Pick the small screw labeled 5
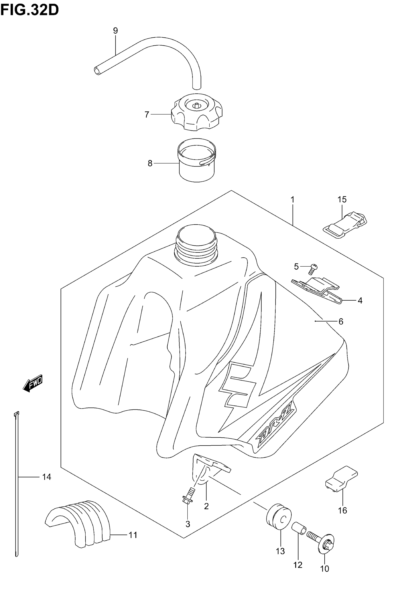[x=314, y=269]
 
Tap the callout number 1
[x=292, y=199]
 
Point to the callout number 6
[x=341, y=321]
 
